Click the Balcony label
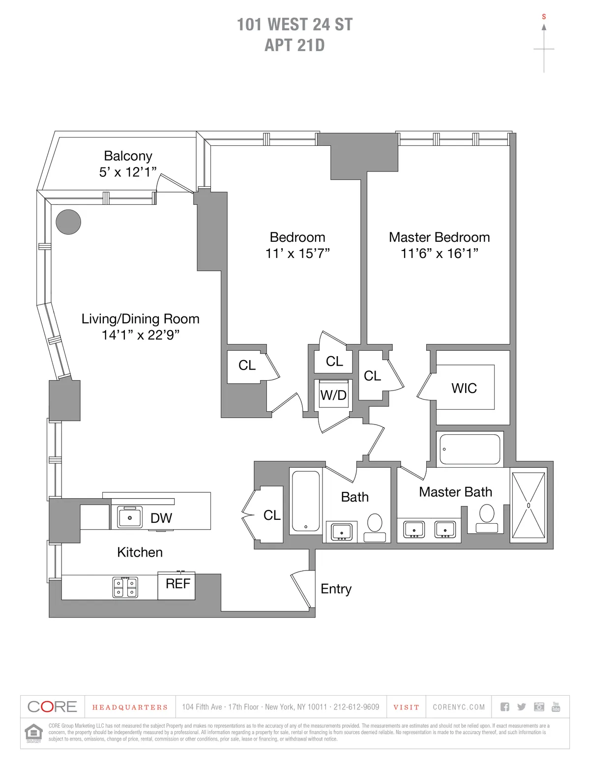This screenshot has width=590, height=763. pos(128,156)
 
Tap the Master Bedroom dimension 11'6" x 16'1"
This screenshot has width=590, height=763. pos(439,254)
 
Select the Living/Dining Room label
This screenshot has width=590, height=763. pos(140,319)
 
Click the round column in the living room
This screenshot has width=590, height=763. pos(68,222)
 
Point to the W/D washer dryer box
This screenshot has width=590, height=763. pos(333,394)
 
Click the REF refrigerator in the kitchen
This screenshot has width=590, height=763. pos(177,585)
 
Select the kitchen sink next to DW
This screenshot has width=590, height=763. pos(130,517)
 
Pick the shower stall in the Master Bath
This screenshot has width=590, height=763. pos(529,506)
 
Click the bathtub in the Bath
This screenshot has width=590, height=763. pos(306,502)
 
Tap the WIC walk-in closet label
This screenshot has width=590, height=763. pos(464,388)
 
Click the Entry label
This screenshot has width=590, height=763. pos(336,589)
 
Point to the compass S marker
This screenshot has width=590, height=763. pos(544,17)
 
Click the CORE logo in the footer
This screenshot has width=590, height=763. pos(53,707)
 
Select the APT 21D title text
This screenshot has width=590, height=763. pos(295,45)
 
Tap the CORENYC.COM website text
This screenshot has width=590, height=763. pos(459,707)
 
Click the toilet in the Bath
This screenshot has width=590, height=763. pos(375,526)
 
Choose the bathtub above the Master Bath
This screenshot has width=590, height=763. pos(470,449)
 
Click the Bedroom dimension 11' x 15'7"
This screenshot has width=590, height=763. pos(297,254)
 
